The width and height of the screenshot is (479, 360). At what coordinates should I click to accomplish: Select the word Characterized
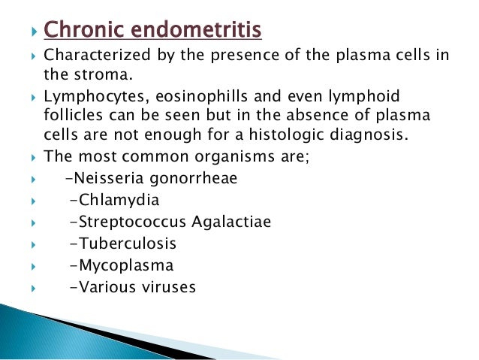[x=95, y=56]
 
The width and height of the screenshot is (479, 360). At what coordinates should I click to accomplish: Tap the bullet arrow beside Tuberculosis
[x=29, y=244]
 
